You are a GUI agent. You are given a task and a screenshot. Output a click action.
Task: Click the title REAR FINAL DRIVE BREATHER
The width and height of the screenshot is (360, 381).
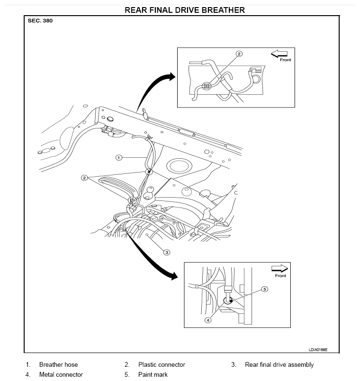coord(185,10)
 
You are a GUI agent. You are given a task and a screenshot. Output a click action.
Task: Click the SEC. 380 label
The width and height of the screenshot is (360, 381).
coord(40,21)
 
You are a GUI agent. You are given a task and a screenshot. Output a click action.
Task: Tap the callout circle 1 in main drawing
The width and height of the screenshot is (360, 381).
coord(118,158)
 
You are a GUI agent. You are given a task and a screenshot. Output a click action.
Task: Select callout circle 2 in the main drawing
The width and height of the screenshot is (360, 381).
coord(84,178)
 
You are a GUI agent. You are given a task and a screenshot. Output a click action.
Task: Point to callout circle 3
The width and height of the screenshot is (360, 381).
coord(167,253)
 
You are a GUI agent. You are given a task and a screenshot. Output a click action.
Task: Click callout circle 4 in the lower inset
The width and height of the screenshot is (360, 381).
coord(208,320)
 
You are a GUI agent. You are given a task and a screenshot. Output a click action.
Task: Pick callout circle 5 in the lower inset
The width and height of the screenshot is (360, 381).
coord(265,289)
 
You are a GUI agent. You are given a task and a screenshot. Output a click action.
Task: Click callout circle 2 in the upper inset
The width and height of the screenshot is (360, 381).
coord(239,54)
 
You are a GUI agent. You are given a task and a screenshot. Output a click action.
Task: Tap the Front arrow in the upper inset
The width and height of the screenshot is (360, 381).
coord(279,54)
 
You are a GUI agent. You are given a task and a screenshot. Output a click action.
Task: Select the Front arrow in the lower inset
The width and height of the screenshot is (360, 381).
coord(279,268)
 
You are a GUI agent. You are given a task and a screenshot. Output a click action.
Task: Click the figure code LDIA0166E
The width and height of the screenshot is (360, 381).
coord(318,350)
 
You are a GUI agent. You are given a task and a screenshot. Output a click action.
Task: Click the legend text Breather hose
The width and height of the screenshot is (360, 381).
coord(59,364)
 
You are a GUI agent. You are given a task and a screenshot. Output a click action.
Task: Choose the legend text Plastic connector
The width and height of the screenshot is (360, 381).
coord(162,364)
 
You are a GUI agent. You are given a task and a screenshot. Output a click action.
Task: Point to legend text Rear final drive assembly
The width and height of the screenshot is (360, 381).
coord(279,365)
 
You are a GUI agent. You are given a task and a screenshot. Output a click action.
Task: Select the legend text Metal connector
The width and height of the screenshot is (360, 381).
coord(61,374)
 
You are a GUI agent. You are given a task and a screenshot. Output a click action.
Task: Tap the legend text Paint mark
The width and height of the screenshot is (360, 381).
coord(153,374)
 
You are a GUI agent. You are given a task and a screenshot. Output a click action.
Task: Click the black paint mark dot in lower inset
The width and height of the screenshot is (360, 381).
coord(231,301)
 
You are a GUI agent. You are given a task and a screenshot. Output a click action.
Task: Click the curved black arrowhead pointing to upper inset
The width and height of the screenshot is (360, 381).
coord(171,77)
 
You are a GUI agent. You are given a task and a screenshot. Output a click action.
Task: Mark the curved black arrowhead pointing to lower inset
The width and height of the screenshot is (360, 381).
coord(174,276)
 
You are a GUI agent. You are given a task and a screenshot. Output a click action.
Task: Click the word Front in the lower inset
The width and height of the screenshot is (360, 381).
coord(280,275)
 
